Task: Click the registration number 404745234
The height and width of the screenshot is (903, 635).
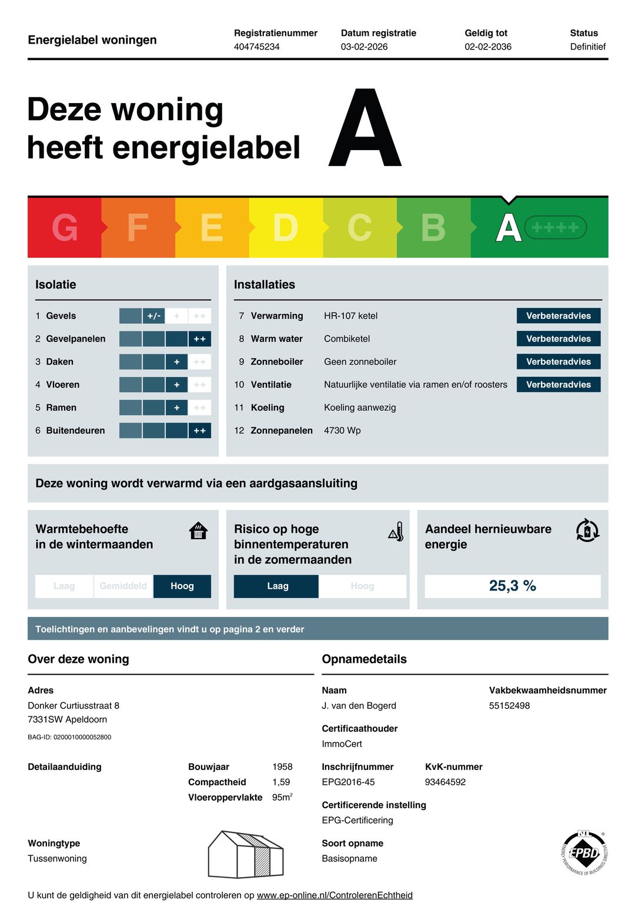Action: click(256, 47)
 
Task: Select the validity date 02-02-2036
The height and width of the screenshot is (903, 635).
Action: click(488, 47)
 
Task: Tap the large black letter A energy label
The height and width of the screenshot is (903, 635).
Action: click(365, 129)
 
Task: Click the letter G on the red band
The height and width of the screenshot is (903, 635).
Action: click(65, 228)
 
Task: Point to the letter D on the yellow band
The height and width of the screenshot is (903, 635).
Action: click(286, 228)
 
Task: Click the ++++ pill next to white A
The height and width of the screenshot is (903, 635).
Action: click(555, 227)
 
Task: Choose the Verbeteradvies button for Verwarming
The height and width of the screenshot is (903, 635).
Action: click(558, 316)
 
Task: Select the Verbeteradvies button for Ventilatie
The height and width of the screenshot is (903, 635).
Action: click(558, 384)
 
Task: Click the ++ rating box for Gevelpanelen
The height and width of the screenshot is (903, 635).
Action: click(199, 339)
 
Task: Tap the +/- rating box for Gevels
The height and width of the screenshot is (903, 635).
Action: click(153, 316)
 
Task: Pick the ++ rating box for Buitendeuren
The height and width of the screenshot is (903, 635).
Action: click(199, 431)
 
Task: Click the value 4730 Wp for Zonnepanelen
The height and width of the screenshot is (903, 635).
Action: click(342, 430)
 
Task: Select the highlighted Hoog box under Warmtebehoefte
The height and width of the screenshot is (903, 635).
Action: click(182, 586)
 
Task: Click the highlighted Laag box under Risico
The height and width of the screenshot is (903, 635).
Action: click(277, 586)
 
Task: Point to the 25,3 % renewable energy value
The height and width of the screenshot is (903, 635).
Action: click(512, 586)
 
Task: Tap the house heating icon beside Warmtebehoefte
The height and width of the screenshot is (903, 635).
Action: click(199, 530)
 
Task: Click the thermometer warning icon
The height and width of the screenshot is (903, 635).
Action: click(396, 532)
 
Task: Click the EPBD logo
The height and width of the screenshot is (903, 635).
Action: click(584, 852)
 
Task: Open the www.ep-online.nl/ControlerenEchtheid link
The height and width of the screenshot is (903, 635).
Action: click(335, 895)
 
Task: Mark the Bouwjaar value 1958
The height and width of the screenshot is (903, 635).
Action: click(282, 766)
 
